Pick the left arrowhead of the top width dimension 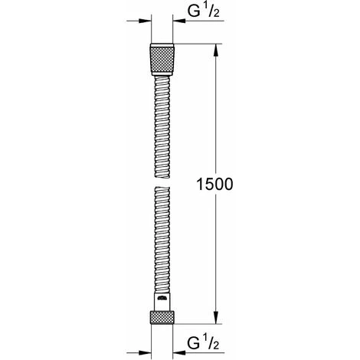tap(145, 24)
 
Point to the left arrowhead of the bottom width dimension tap(145, 345)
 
